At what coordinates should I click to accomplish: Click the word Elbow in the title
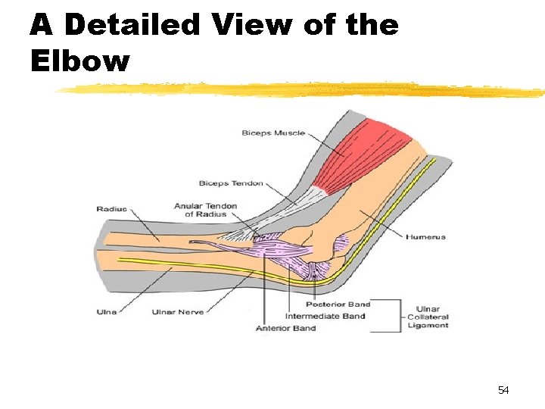(79, 61)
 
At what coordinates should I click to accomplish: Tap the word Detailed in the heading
(133, 24)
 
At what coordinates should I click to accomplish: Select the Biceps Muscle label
(273, 133)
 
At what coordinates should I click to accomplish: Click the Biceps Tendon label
(231, 183)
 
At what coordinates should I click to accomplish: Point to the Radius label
(112, 209)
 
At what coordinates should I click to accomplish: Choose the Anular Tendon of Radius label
(205, 210)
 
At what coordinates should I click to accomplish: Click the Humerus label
(425, 237)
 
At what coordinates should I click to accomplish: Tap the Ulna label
(107, 312)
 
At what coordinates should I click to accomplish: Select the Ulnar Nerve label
(178, 312)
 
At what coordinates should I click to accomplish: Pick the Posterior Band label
(338, 304)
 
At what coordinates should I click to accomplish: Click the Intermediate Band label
(325, 317)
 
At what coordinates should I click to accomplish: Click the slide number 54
(503, 390)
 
